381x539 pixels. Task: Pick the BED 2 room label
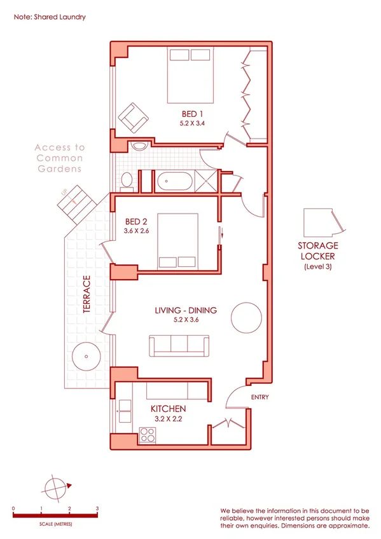click(136, 221)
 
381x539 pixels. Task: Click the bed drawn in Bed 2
click(178, 241)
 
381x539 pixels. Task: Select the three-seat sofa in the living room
click(179, 345)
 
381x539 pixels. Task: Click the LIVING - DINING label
click(186, 311)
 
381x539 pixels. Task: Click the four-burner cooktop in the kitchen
click(148, 436)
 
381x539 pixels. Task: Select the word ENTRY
click(260, 398)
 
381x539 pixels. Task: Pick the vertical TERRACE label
click(87, 295)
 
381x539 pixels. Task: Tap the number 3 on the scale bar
click(97, 509)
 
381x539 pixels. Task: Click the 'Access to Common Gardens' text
click(59, 158)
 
